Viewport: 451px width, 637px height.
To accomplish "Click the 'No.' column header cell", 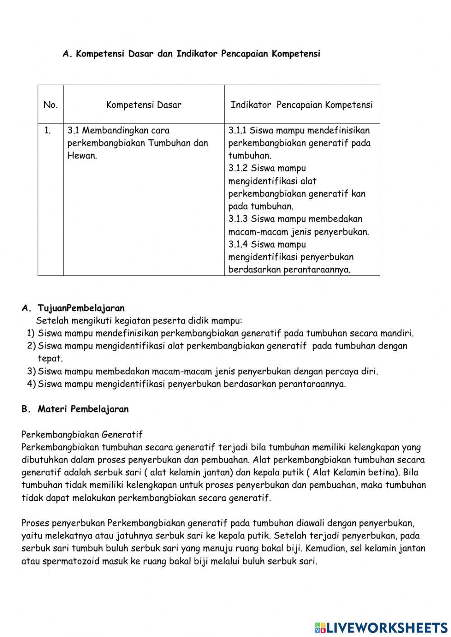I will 51,105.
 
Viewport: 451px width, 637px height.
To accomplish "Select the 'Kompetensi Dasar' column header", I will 143,105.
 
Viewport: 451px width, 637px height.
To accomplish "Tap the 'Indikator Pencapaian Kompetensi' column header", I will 302,105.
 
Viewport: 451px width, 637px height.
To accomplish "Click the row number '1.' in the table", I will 48,131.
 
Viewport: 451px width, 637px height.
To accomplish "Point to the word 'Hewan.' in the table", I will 82,156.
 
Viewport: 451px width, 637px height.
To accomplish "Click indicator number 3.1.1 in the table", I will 237,131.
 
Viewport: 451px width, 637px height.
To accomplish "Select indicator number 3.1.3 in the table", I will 238,219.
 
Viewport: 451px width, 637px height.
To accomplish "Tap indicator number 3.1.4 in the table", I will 238,244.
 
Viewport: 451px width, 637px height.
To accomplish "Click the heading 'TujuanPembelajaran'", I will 81,308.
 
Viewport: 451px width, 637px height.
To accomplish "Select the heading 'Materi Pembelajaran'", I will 83,409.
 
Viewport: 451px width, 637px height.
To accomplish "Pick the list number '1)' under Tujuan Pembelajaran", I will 31,334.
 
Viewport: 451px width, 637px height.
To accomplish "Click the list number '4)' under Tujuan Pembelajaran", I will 31,384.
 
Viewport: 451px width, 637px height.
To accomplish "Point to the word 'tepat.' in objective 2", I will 50,359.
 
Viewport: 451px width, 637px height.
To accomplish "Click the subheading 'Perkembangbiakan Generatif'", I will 82,435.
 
